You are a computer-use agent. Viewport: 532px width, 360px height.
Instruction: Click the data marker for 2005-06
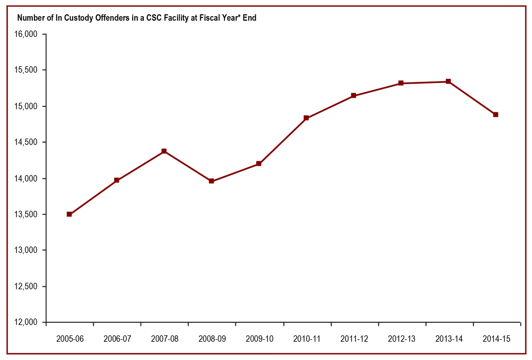tap(69, 214)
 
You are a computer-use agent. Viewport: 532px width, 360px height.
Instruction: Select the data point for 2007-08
tap(164, 151)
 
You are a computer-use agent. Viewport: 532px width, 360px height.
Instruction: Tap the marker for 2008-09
tap(211, 181)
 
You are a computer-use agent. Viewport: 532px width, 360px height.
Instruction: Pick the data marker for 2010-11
tap(306, 118)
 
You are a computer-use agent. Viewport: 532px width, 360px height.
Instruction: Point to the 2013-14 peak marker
tap(448, 82)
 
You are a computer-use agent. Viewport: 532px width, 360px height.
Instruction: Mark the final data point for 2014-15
tap(496, 114)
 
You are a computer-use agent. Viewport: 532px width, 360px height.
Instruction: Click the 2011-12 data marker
tap(353, 95)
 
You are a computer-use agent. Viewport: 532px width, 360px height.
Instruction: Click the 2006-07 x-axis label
tap(117, 339)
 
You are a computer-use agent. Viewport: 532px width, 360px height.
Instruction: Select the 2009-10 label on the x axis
tap(259, 339)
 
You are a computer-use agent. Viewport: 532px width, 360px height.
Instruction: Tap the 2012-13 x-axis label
tap(401, 339)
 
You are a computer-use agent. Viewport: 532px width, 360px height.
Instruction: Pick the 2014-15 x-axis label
tap(496, 339)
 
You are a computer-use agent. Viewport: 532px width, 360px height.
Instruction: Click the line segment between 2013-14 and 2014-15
tap(472, 98)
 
